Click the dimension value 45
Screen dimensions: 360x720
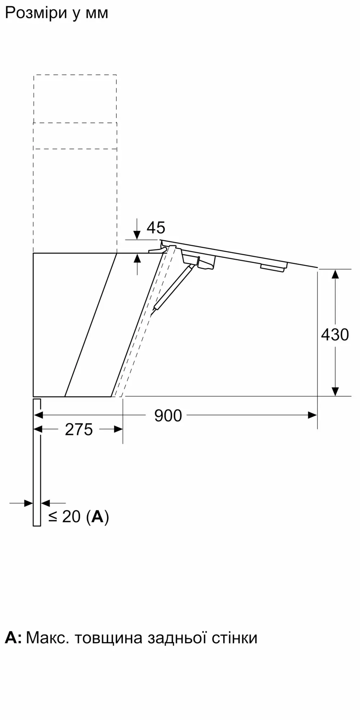[x=156, y=228]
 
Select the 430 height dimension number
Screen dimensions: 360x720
[x=335, y=335]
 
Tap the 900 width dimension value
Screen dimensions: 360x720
[x=168, y=416]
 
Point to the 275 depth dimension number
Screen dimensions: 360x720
[x=79, y=429]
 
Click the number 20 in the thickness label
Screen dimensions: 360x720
[x=71, y=517]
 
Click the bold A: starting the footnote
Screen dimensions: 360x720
[x=13, y=638]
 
